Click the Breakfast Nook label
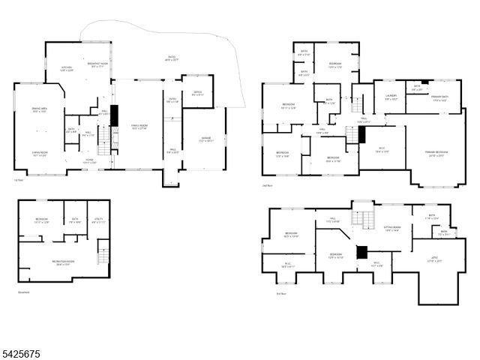[x=95, y=65]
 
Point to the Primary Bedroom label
[x=437, y=154]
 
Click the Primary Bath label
[x=440, y=98]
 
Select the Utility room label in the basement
[x=98, y=221]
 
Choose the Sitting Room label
[x=393, y=229]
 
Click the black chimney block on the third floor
[x=362, y=253]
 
